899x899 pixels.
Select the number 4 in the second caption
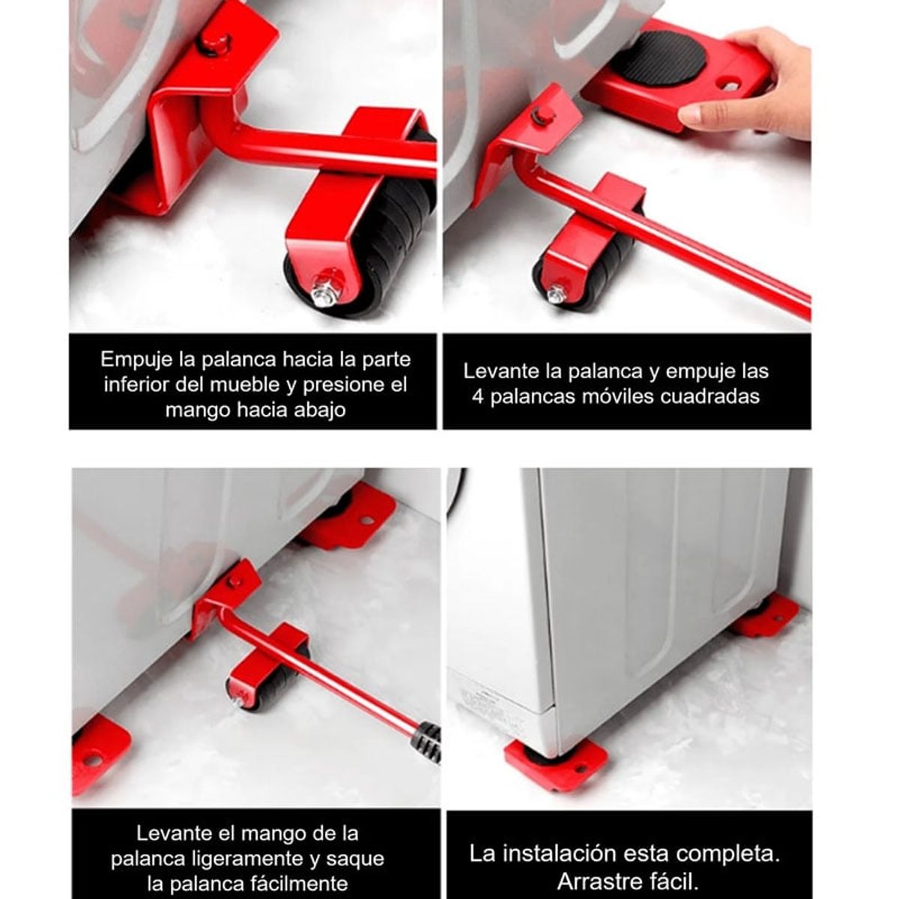[477, 396]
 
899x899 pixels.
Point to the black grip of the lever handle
[428, 742]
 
